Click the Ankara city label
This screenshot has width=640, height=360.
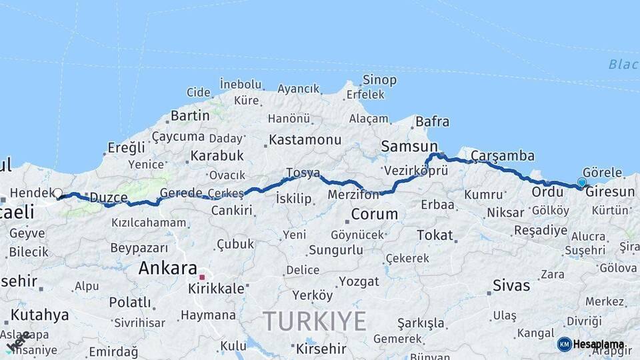click(167, 268)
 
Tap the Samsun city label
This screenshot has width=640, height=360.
click(409, 146)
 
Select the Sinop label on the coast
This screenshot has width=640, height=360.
click(379, 80)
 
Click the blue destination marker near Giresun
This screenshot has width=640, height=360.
click(582, 182)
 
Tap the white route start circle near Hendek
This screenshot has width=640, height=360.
click(57, 194)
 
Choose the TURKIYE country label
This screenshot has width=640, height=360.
click(314, 321)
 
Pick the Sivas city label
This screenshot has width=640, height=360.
click(511, 285)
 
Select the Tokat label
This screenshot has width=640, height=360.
click(435, 235)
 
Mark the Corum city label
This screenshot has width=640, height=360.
click(374, 215)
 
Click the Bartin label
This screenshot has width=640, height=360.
click(190, 116)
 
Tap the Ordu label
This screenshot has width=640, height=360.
click(547, 192)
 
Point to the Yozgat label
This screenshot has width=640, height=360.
click(359, 281)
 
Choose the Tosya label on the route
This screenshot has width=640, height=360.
click(303, 173)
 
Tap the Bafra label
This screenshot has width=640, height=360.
click(432, 122)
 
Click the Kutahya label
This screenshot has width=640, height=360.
click(40, 314)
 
